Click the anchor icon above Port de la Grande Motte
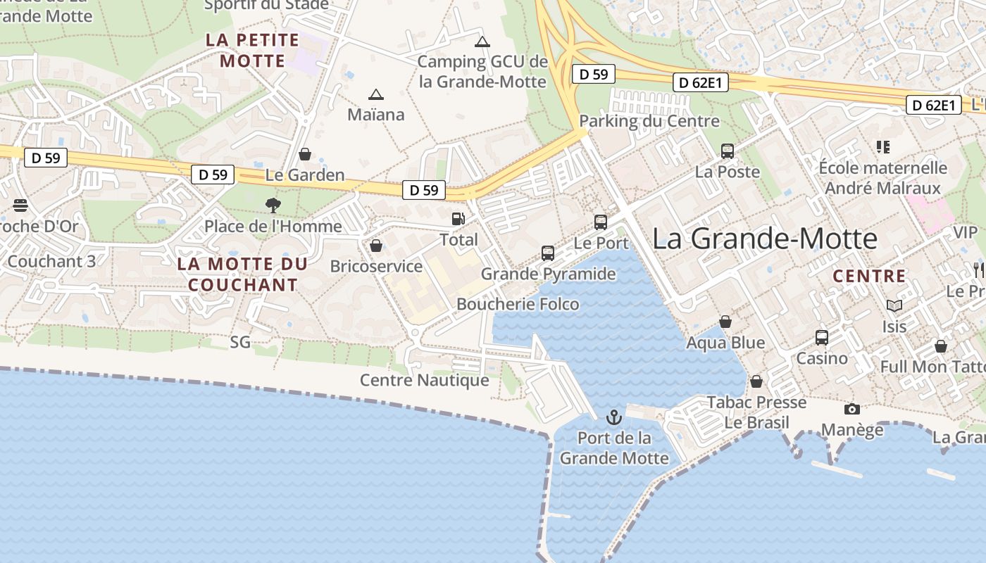point(614,417)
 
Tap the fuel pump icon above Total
point(458,219)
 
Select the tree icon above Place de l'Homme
point(273,205)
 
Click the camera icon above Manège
point(851,409)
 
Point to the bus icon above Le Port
point(601,222)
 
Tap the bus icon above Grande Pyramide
point(548,253)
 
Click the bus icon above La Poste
point(728,151)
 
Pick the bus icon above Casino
point(822,338)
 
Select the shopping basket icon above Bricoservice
point(376,246)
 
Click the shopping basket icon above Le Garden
point(305,154)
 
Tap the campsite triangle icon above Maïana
point(376,94)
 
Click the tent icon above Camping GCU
point(482,42)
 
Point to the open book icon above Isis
point(894,305)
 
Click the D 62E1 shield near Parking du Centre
point(699,82)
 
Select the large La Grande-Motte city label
point(764,239)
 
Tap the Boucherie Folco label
point(518,304)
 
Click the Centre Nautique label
point(424,380)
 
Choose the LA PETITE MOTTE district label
point(252,50)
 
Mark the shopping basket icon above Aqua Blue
point(725,322)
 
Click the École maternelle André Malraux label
point(882,178)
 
